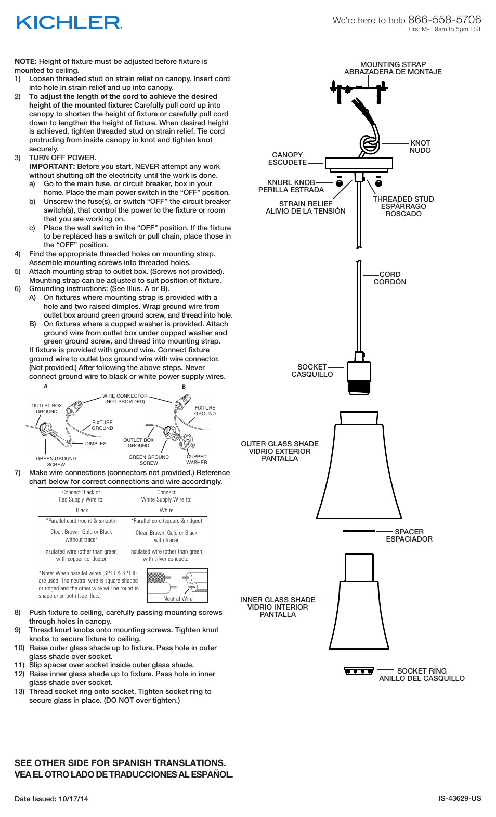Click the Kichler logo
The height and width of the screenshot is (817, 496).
[69, 22]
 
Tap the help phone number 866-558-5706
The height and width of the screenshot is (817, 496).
[445, 20]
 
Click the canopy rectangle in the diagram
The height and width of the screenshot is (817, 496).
[359, 163]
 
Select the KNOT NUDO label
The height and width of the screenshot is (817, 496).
[420, 147]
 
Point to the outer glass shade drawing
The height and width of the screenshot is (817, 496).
[359, 468]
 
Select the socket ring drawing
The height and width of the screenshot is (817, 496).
[359, 670]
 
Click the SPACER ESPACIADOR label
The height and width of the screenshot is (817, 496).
[409, 535]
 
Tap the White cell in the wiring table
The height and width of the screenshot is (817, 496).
[166, 510]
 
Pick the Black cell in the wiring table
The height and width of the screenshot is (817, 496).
[82, 510]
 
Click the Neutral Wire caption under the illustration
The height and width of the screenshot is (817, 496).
[178, 599]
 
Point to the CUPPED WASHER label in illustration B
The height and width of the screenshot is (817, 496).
[197, 459]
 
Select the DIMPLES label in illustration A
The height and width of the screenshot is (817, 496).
[96, 444]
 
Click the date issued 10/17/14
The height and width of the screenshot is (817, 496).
[51, 799]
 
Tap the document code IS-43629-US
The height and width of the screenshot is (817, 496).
[460, 798]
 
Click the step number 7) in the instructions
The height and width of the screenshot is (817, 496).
[18, 472]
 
